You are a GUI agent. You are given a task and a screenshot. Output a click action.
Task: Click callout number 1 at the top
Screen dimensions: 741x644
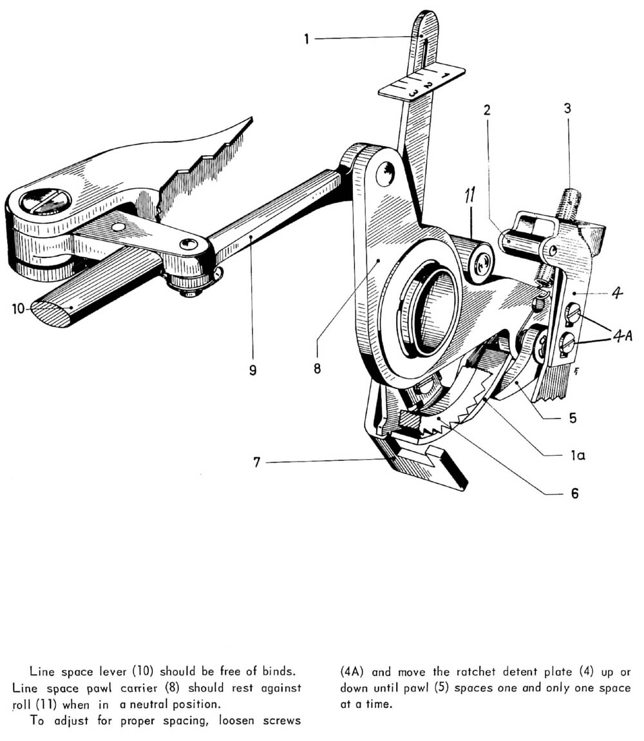click(x=307, y=39)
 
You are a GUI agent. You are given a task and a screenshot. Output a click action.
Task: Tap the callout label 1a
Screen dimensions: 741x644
click(x=577, y=455)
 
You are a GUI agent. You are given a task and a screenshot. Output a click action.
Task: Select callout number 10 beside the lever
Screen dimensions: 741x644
click(x=18, y=309)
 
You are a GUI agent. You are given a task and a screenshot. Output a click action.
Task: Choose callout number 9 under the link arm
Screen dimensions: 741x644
click(x=252, y=371)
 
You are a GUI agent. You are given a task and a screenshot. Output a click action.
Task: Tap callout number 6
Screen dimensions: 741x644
click(x=574, y=494)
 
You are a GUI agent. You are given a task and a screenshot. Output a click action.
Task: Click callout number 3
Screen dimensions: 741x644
click(x=567, y=109)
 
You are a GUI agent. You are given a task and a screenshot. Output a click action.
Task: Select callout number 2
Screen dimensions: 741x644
click(x=487, y=109)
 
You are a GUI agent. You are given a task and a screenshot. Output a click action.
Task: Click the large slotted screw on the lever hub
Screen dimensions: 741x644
click(x=45, y=202)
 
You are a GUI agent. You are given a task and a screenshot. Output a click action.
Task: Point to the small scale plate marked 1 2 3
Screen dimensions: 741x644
click(x=422, y=82)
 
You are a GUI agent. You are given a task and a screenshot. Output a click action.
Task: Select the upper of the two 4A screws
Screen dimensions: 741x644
click(x=572, y=315)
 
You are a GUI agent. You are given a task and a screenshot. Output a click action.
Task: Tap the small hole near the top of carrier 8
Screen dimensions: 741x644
click(x=384, y=173)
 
